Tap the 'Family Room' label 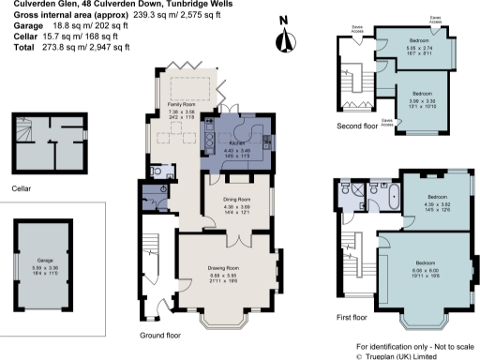coord(181,105)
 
